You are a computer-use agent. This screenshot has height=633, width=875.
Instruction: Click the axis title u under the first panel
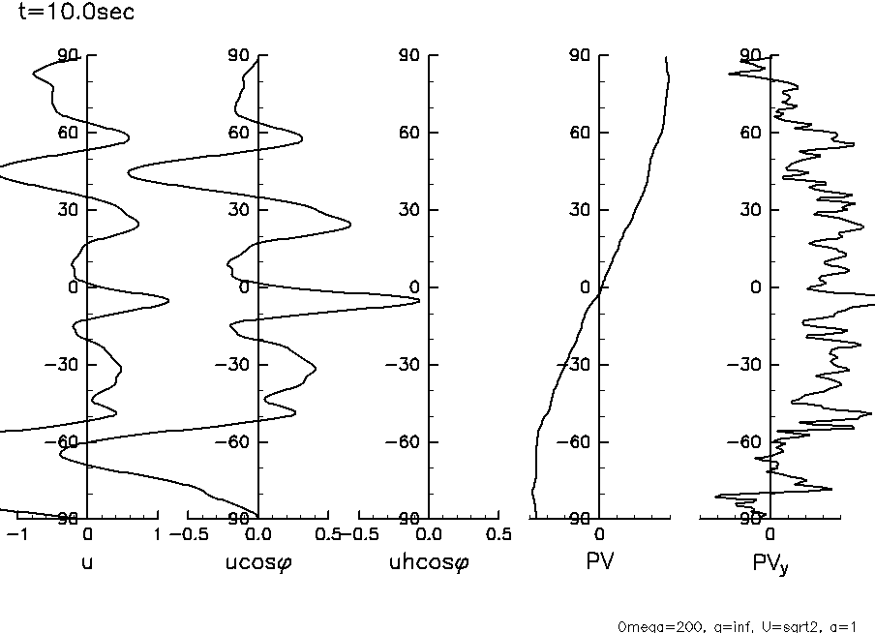click(87, 561)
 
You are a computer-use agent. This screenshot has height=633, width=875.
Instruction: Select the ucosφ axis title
click(257, 562)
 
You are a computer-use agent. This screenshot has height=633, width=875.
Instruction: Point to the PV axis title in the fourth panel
click(600, 561)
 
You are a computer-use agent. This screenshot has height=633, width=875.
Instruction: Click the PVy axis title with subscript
click(771, 563)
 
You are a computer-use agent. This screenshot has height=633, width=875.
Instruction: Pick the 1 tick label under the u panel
click(157, 534)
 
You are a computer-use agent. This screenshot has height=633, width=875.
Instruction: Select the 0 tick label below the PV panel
click(600, 534)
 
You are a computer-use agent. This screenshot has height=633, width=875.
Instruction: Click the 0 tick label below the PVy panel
click(770, 534)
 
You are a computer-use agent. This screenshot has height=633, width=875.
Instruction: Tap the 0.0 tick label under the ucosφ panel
click(257, 534)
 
